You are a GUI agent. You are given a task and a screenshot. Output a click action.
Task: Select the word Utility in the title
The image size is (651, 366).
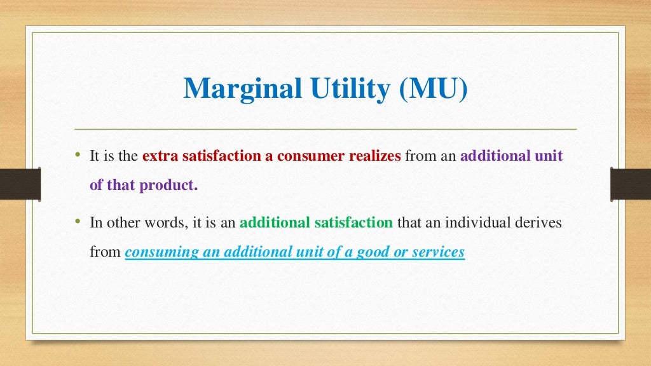coord(349,89)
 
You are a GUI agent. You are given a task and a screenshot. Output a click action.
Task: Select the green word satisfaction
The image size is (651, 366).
coord(353,223)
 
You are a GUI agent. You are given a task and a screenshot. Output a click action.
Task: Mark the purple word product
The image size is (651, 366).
coord(172,186)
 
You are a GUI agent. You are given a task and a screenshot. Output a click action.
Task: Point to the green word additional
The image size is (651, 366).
coord(275,223)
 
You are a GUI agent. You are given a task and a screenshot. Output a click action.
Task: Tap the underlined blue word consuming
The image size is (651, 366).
coord(161,252)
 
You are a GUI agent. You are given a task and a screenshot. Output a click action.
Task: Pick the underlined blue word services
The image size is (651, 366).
coord(439,252)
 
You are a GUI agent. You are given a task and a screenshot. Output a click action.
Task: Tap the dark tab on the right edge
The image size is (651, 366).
coord(630,184)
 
